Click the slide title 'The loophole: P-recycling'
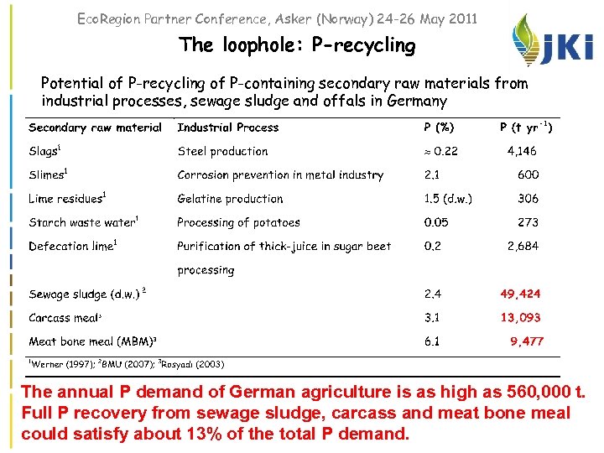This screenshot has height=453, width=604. tap(297, 45)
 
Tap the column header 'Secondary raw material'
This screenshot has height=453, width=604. tap(95, 128)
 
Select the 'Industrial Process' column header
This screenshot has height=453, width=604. tap(227, 128)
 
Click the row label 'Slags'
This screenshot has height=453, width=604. tap(44, 152)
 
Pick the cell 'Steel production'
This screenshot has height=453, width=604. tap(222, 152)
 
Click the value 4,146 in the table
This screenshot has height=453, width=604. tap(522, 152)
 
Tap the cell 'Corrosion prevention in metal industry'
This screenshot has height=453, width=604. tap(280, 175)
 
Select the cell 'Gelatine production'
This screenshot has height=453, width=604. tap(230, 199)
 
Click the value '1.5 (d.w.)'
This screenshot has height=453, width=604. tap(448, 199)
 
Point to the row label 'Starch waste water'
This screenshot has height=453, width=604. tap(82, 222)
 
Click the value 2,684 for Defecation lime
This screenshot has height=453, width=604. tap(523, 247)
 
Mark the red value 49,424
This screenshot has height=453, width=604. tap(520, 294)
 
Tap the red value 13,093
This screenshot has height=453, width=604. tap(520, 318)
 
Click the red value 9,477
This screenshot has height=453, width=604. tap(526, 341)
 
